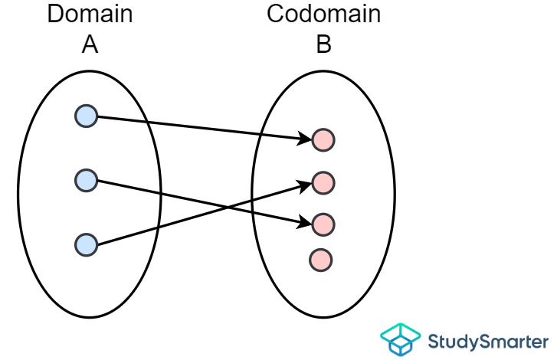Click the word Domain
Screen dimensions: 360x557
90,15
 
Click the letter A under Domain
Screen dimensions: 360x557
90,44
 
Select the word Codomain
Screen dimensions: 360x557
323,15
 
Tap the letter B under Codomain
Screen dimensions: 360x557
323,44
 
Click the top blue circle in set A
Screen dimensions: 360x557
87,116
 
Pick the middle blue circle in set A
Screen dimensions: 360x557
87,181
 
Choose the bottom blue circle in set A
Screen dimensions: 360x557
87,245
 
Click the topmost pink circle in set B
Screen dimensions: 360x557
323,140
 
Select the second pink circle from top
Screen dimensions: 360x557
323,183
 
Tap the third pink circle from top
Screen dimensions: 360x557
323,224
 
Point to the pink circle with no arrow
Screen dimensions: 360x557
321,260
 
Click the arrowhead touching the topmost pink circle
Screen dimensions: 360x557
306,139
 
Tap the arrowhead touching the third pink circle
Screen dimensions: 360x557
306,222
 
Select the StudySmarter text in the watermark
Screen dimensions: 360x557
488,341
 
